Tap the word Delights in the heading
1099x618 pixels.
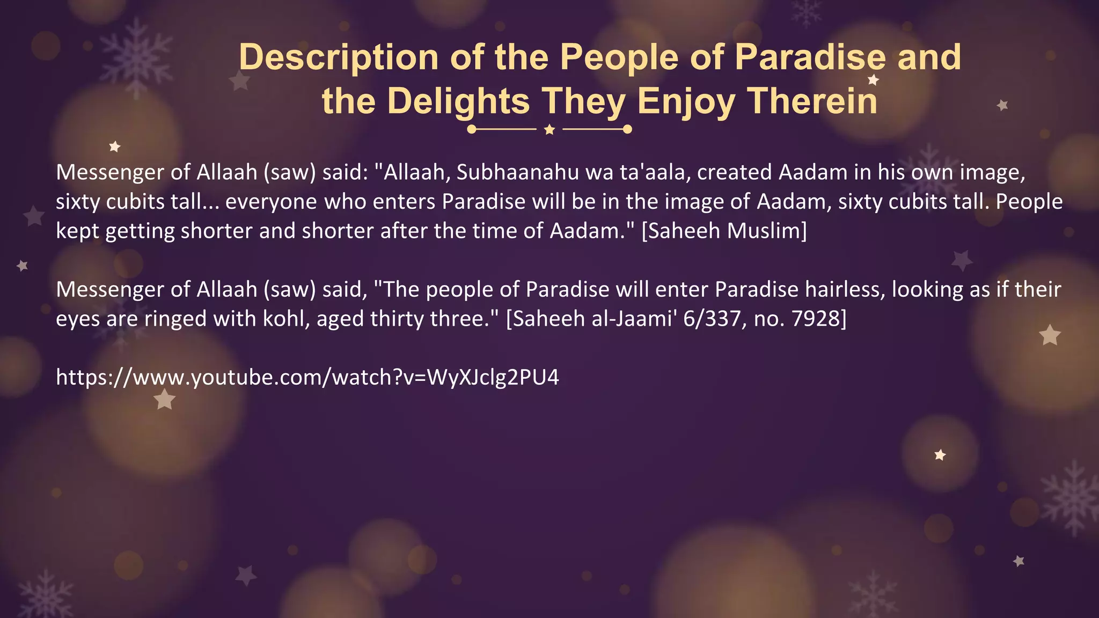click(458, 101)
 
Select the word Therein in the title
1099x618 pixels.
click(812, 101)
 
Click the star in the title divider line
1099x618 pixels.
click(549, 130)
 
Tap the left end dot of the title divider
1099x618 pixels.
click(472, 129)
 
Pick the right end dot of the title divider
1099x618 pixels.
click(627, 129)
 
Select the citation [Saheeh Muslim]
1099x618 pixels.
click(724, 231)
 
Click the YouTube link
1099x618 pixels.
click(307, 378)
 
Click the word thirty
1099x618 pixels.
click(397, 319)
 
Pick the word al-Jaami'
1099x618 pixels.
click(634, 319)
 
